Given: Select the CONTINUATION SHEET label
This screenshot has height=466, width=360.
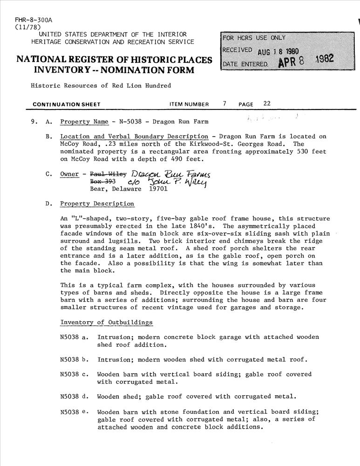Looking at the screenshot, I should point(66,104).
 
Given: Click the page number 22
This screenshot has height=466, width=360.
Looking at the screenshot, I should point(267,104).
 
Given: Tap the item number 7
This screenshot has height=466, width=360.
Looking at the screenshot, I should point(224,104).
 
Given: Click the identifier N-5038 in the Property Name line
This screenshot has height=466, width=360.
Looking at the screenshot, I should point(133,122).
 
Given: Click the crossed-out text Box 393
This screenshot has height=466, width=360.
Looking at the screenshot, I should point(102,182).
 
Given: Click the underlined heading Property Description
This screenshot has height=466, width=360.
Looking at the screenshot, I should point(97,204).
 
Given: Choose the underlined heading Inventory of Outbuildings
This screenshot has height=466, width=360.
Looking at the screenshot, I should point(106,322).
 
